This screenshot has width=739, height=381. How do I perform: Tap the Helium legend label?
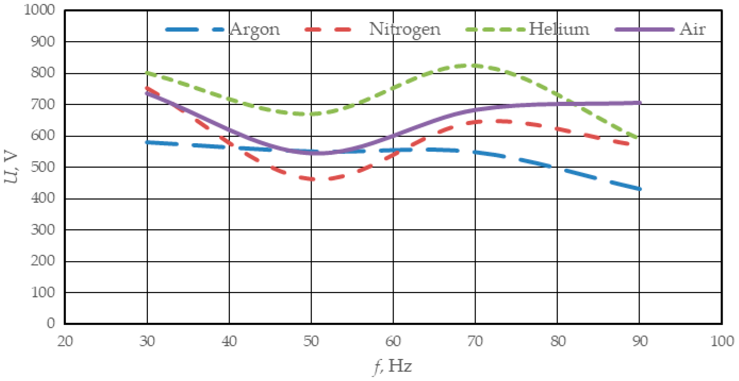tap(559, 29)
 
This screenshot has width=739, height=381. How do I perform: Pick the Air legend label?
tap(692, 29)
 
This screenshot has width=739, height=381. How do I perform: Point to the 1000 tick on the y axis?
tap(40, 10)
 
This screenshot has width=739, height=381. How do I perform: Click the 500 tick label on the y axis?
tap(43, 167)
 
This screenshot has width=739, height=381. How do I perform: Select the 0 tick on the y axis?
tap(50, 323)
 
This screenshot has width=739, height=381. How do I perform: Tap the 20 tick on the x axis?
tap(65, 341)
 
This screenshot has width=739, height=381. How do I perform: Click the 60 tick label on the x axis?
tap(393, 341)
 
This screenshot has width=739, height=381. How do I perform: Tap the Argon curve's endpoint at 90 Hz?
tap(639, 189)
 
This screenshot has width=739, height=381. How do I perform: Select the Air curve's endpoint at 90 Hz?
tap(639, 103)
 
